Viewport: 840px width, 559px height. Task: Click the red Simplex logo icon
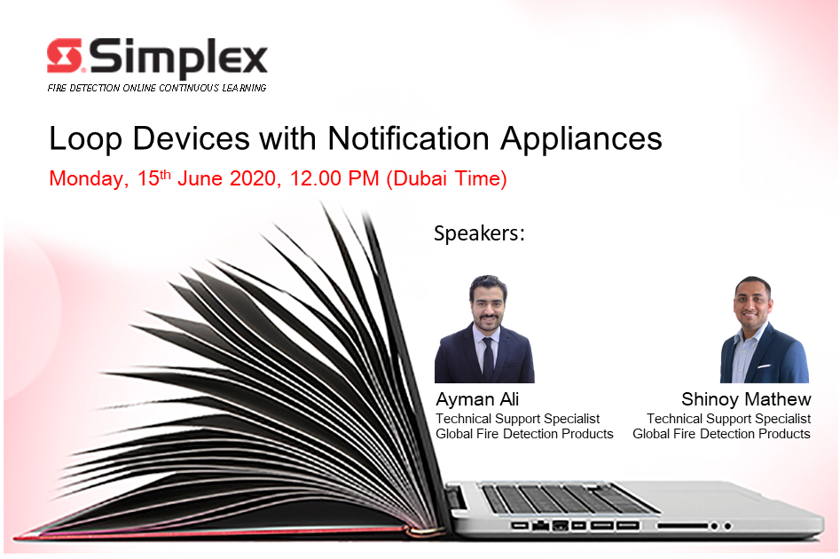click(64, 55)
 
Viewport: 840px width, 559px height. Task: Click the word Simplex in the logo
click(178, 58)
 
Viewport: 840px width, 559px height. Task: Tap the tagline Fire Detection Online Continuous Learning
click(156, 88)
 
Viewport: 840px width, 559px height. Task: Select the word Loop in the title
click(85, 139)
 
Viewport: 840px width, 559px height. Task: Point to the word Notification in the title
click(408, 138)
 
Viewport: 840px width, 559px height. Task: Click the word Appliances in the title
click(581, 139)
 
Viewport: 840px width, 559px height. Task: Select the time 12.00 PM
click(334, 178)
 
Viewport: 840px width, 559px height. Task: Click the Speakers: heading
click(479, 233)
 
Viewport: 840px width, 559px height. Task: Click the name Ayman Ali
click(477, 399)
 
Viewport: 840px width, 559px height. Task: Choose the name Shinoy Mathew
click(746, 399)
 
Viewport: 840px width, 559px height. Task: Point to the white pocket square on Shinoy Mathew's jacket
click(764, 367)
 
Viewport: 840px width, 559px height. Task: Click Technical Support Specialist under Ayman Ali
click(517, 419)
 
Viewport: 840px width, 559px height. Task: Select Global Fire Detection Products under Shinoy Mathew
click(721, 434)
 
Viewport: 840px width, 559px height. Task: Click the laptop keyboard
click(568, 499)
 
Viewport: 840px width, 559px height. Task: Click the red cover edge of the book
click(215, 533)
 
